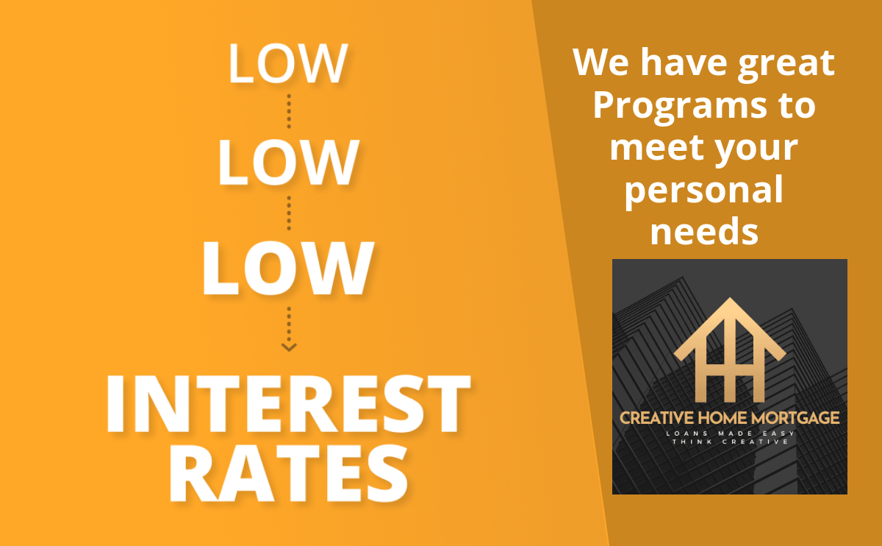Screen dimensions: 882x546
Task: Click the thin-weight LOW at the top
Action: click(x=288, y=63)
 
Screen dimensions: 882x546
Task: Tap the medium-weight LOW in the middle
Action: click(x=288, y=162)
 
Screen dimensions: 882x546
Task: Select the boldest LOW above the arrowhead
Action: click(x=288, y=268)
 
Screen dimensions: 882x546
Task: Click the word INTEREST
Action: click(x=288, y=403)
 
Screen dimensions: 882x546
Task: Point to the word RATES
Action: click(x=288, y=472)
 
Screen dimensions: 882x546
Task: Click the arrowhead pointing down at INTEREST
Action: click(x=289, y=347)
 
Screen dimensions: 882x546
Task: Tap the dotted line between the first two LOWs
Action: click(x=289, y=112)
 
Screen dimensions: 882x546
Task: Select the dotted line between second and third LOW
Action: click(x=289, y=213)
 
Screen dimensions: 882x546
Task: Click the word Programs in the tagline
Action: click(x=680, y=107)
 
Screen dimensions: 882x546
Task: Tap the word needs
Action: click(x=704, y=231)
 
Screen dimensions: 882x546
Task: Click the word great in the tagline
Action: click(x=786, y=64)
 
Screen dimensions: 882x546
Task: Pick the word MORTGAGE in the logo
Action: click(x=795, y=418)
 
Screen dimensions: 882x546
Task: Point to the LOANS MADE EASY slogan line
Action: click(x=730, y=433)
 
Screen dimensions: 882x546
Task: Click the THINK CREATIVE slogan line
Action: click(x=730, y=442)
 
